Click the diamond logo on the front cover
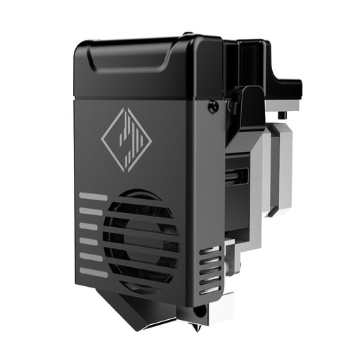point(127,139)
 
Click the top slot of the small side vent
point(210,250)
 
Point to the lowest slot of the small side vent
point(209,290)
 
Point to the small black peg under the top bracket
point(282,114)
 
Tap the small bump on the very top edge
point(186,33)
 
